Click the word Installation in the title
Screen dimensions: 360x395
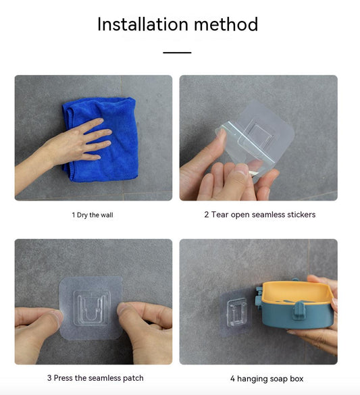(x=143, y=24)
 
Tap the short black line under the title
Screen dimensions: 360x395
(x=177, y=53)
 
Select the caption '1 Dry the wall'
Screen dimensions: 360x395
(x=93, y=215)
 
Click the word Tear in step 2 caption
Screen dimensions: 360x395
(x=220, y=214)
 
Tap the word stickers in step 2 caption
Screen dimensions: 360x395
(x=301, y=214)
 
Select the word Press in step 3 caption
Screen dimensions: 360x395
(x=63, y=378)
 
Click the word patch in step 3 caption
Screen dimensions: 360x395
(x=133, y=378)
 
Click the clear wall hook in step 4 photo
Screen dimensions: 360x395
(x=236, y=313)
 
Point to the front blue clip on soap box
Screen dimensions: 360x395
(x=299, y=311)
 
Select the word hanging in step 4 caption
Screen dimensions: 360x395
(x=253, y=379)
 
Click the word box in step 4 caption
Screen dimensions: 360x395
(x=297, y=379)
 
